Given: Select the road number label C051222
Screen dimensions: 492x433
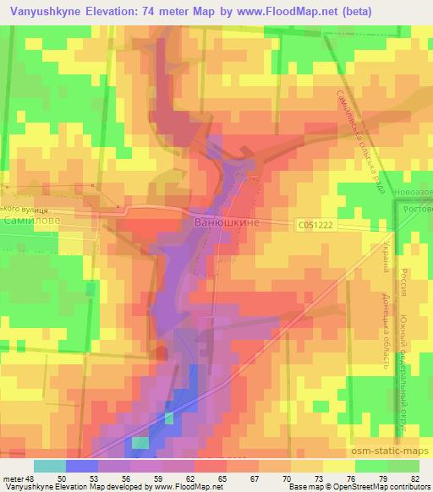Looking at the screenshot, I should click(315, 225).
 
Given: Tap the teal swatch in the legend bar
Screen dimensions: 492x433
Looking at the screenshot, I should click(49, 466).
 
